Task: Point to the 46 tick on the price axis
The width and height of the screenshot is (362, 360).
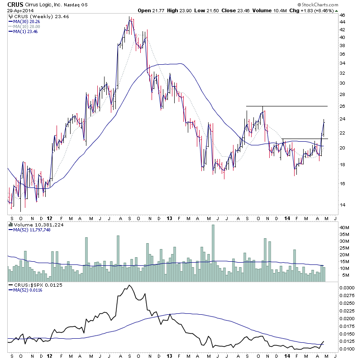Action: click(x=343, y=15)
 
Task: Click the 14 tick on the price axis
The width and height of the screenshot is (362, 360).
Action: click(x=343, y=205)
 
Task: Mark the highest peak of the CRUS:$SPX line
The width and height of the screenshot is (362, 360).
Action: click(x=129, y=285)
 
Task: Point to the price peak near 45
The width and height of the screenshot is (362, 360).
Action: click(x=129, y=18)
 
